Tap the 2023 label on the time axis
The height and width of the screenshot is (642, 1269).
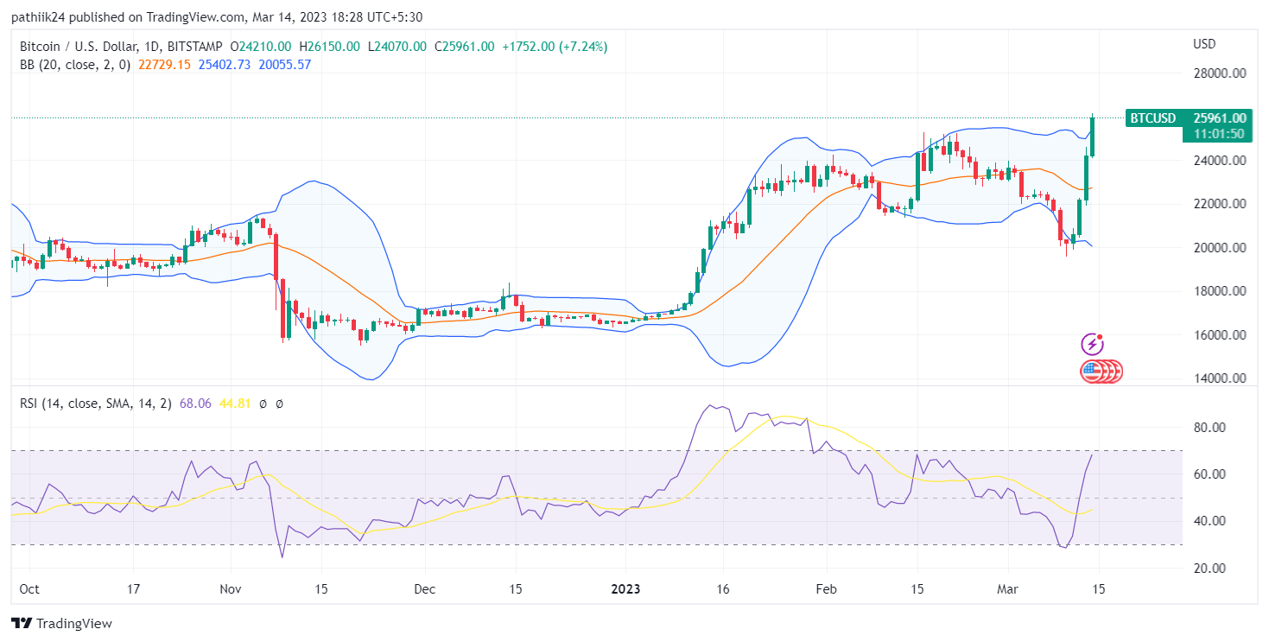(x=625, y=589)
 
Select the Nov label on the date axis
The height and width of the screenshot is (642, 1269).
(x=231, y=589)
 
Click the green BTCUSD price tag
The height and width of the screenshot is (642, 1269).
(x=1153, y=118)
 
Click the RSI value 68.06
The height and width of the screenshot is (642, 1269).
(x=195, y=404)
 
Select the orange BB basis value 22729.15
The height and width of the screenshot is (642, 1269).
(x=164, y=65)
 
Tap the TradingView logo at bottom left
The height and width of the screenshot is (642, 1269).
(x=61, y=623)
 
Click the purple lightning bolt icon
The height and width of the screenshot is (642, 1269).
(x=1092, y=344)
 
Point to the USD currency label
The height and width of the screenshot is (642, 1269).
(x=1204, y=44)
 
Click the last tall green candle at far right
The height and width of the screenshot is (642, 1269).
(x=1093, y=137)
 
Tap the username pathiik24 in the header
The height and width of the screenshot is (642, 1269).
(x=41, y=17)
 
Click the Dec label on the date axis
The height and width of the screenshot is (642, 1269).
(x=424, y=589)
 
